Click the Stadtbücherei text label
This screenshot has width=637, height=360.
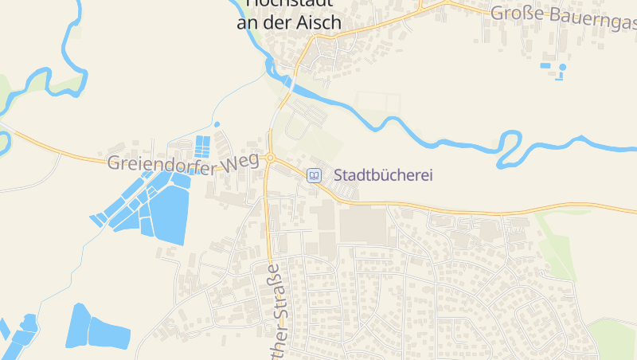pyautogui.click(x=383, y=175)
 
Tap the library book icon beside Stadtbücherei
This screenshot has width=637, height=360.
pyautogui.click(x=315, y=175)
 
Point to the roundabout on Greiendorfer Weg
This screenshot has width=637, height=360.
pyautogui.click(x=271, y=158)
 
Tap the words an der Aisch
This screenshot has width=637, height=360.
pyautogui.click(x=289, y=23)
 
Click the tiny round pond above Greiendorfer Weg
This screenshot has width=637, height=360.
pyautogui.click(x=217, y=124)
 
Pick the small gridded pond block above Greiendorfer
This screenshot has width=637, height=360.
pyautogui.click(x=203, y=146)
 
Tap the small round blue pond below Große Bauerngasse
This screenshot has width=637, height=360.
pyautogui.click(x=562, y=68)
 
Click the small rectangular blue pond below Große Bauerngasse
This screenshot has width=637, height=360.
pyautogui.click(x=545, y=65)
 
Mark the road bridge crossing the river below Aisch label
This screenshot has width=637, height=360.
pyautogui.click(x=287, y=80)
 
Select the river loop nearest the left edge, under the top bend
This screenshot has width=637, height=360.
pyautogui.click(x=5, y=142)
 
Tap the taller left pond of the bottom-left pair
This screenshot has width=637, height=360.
pyautogui.click(x=80, y=325)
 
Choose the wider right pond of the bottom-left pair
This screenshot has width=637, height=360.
pyautogui.click(x=109, y=333)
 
